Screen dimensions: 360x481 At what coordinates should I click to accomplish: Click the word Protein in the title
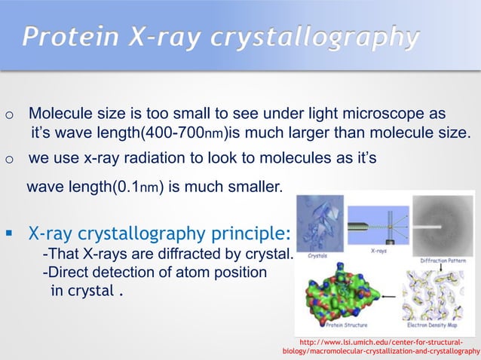67,37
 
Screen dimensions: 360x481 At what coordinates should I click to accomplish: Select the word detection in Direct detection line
130,272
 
